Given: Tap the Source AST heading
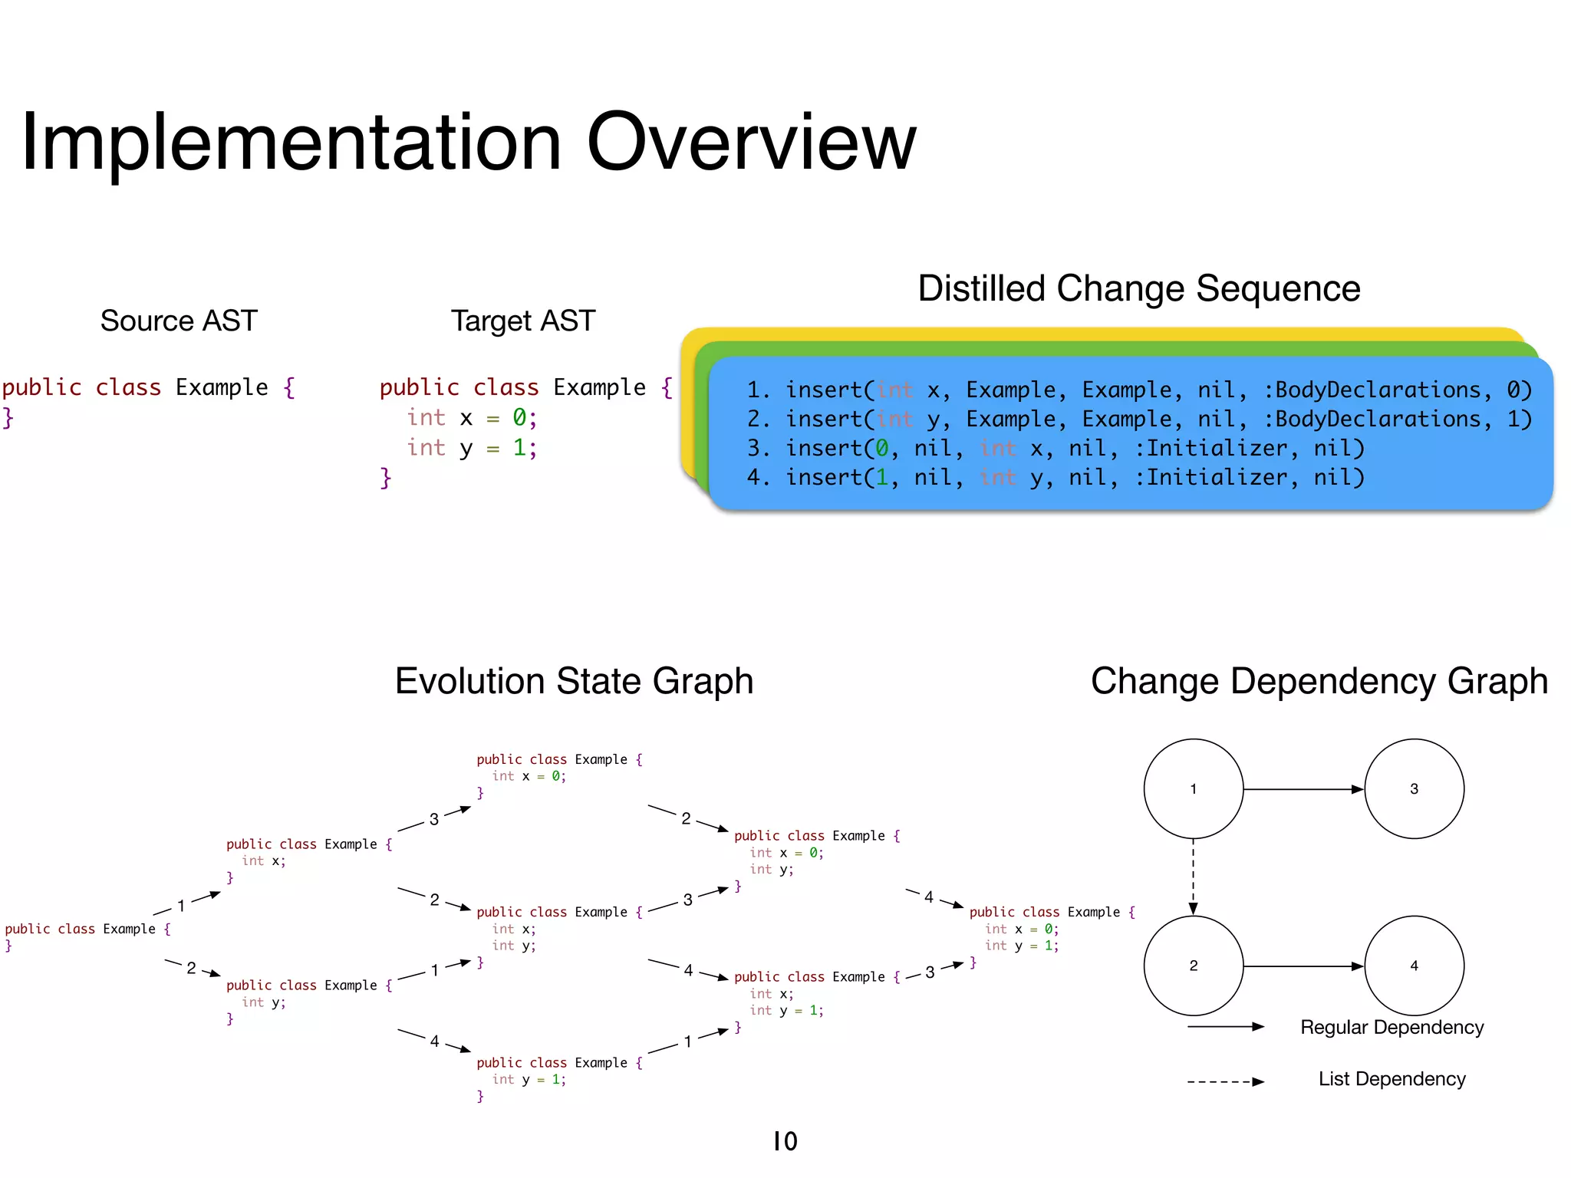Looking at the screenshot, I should [179, 321].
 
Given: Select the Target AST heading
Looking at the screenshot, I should [522, 321].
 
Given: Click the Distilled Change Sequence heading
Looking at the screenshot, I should [1138, 289].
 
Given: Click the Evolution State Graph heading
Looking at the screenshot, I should [574, 681].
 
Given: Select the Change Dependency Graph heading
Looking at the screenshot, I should [1319, 681].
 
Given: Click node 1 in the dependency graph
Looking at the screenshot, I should [1193, 788].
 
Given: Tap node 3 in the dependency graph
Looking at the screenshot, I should [1414, 788].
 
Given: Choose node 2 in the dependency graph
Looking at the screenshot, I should [1193, 966].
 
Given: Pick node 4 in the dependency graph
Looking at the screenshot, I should [1414, 966].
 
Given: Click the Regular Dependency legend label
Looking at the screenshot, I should [1392, 1027].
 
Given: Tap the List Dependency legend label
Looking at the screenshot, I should [1392, 1079].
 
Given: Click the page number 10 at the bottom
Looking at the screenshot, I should [785, 1141].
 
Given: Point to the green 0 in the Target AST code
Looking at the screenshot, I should [519, 418].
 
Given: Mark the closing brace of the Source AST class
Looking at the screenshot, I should [8, 418].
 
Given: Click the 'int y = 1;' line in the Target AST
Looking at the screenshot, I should [471, 448].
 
